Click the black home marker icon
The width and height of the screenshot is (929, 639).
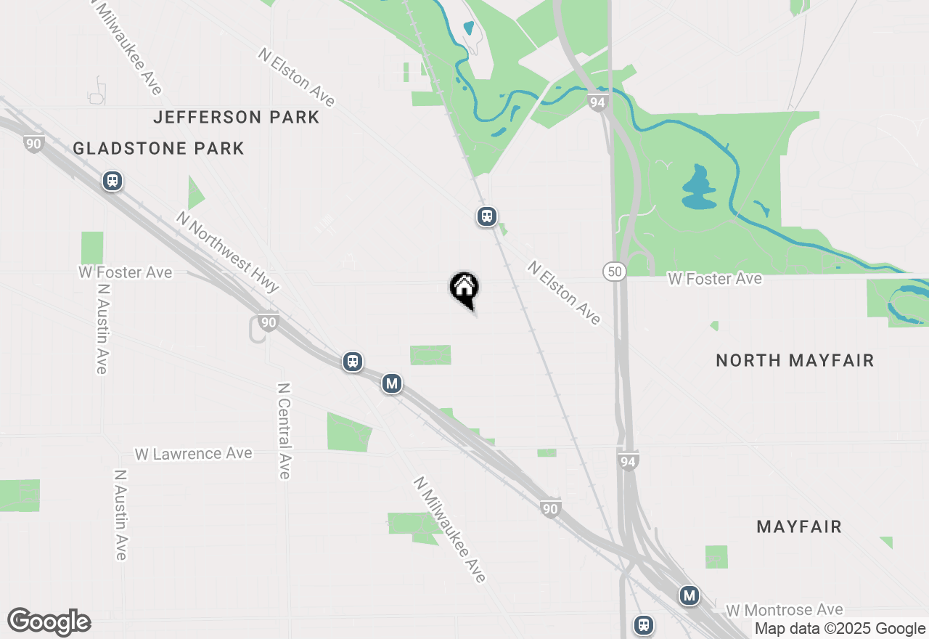464,288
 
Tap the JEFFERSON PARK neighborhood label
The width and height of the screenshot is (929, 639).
237,117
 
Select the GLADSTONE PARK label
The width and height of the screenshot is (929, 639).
158,149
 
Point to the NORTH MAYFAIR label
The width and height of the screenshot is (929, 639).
795,361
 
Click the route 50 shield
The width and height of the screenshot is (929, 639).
614,272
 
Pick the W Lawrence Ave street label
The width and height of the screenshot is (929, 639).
193,454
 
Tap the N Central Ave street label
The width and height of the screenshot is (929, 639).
284,431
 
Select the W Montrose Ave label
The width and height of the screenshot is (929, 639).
784,610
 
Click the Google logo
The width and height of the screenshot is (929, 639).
49,622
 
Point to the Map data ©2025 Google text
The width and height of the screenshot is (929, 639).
840,629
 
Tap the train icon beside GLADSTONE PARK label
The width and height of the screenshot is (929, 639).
112,181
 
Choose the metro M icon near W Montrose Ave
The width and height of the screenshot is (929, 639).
689,596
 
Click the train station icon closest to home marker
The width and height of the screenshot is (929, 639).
486,216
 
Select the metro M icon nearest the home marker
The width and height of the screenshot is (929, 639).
392,383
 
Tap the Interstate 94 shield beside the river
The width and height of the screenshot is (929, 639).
597,103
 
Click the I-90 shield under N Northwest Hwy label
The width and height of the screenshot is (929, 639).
269,322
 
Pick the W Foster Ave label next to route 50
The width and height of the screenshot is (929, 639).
715,279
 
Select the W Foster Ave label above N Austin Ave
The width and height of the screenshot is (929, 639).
126,273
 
